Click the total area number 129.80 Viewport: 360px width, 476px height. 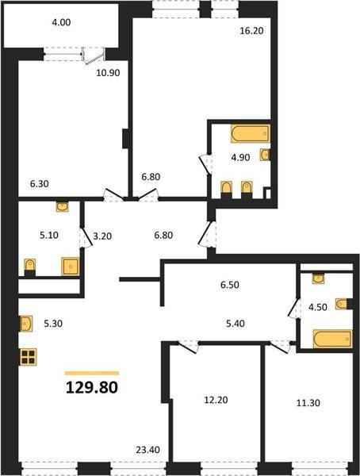click(x=92, y=387)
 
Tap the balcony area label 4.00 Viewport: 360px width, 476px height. click(x=61, y=22)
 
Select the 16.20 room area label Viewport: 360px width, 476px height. click(x=251, y=31)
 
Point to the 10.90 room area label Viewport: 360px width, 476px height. click(x=108, y=73)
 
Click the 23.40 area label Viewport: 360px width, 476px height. click(x=147, y=450)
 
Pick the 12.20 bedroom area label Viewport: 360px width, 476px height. click(x=216, y=400)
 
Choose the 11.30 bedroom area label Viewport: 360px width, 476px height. click(x=308, y=403)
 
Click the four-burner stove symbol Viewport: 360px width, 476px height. click(x=29, y=357)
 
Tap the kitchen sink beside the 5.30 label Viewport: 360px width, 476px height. click(x=26, y=324)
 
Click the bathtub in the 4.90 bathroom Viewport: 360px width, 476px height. click(x=251, y=133)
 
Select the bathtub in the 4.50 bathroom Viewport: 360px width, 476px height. click(x=333, y=339)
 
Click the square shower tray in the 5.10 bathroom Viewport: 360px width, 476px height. click(x=71, y=267)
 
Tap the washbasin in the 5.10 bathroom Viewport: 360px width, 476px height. click(x=62, y=207)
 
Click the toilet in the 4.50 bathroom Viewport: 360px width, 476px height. click(x=343, y=304)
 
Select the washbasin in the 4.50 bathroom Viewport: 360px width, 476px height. click(x=319, y=278)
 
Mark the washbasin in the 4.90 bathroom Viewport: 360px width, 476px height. click(x=265, y=155)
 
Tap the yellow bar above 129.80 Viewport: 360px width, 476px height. click(x=92, y=373)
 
